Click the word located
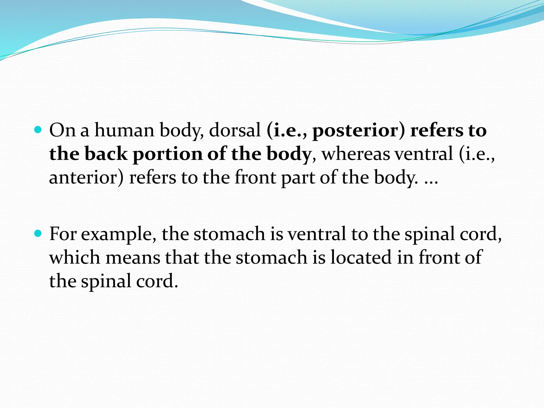361,257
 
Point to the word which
75,257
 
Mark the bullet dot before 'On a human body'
39,130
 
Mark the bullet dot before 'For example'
39,234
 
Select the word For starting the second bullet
63,234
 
